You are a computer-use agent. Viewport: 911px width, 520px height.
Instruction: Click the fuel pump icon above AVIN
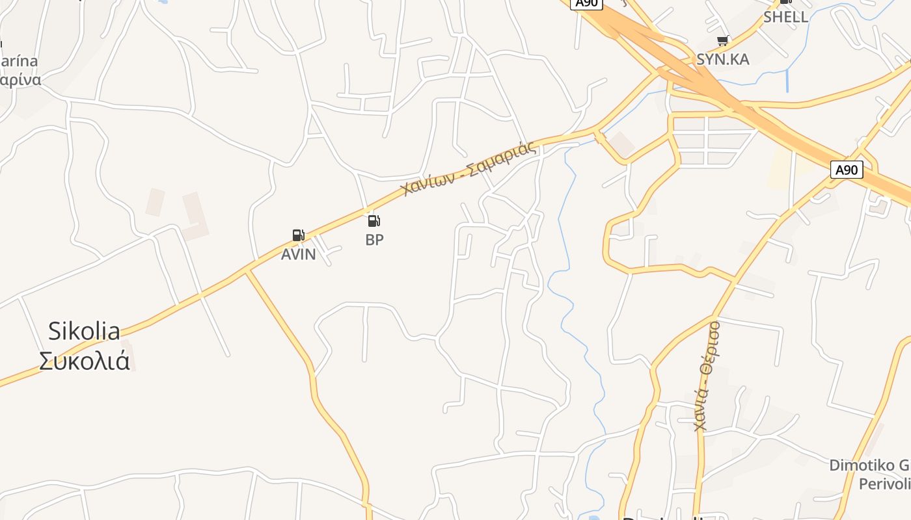(298, 235)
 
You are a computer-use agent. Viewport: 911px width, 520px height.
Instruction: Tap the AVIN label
(298, 254)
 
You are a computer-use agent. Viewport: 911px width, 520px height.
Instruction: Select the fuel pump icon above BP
(374, 220)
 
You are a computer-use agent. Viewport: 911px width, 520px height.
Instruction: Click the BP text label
(374, 239)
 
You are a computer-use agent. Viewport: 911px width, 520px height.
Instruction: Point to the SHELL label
(785, 17)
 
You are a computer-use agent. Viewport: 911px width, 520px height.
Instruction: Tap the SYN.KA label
(722, 59)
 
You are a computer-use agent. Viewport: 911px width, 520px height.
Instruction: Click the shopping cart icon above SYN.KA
(722, 41)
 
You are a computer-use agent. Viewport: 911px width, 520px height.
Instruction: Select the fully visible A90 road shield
(847, 170)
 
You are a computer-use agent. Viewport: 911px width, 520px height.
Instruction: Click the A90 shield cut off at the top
(586, 3)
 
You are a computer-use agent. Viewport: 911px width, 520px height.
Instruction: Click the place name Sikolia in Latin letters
(84, 331)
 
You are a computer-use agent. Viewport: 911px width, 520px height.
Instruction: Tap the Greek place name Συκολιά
(84, 361)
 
